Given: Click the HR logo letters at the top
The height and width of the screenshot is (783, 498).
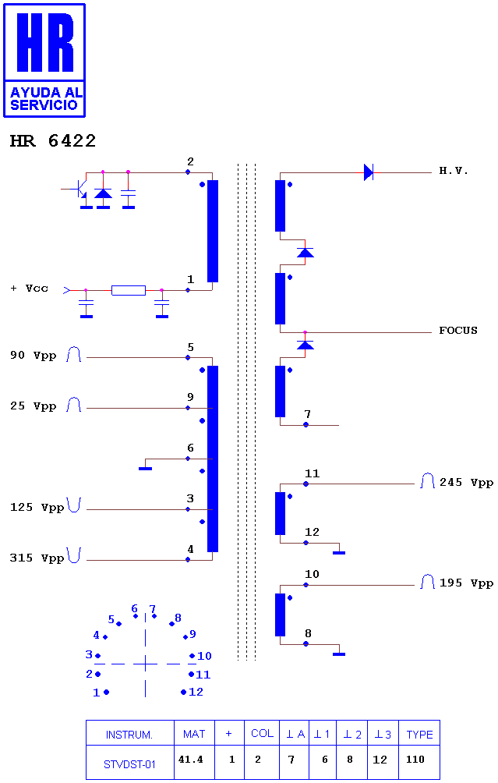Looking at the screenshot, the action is point(45,42).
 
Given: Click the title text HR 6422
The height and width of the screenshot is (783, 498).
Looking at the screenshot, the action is point(53,141).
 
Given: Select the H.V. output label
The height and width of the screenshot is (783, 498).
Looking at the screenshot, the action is point(454,171).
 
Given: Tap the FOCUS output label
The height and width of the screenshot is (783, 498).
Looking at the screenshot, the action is point(458,330).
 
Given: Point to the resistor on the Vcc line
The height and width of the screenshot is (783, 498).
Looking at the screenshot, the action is point(129,290).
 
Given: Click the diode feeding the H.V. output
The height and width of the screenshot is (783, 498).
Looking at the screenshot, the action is point(369,172).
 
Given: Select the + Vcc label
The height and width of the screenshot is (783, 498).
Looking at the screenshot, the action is point(30,288).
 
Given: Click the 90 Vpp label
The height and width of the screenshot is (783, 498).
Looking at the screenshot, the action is point(33,355).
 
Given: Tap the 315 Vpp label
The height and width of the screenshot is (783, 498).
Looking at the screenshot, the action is point(37,558).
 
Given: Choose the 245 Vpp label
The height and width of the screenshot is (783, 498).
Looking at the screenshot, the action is point(466,483).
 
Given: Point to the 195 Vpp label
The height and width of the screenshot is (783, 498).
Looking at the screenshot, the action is point(466,583).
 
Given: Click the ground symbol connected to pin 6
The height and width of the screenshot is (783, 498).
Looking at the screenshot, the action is point(145,468).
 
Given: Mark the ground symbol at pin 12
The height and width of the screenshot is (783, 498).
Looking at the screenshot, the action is point(339,552).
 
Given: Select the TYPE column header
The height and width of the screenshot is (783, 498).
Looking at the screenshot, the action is point(419,733).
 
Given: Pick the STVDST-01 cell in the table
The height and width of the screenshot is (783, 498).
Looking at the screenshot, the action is point(129,762).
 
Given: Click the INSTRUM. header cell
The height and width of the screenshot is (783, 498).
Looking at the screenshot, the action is point(129,733).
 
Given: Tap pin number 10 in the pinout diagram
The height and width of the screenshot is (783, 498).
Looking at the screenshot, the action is point(205,656).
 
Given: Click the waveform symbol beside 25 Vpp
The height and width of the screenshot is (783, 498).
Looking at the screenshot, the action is point(74,404).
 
